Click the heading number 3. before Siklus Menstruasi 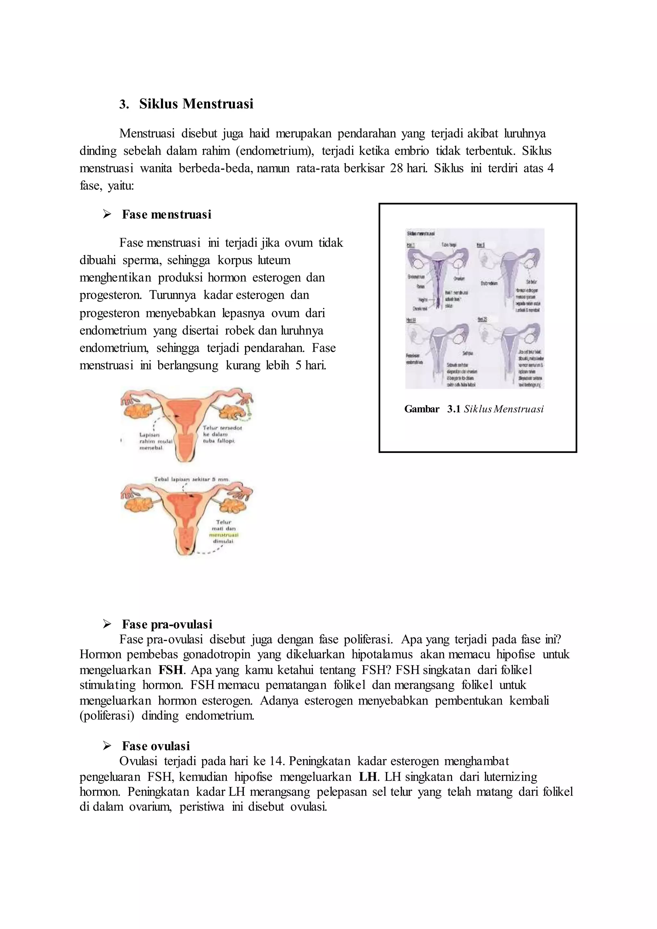click(x=124, y=104)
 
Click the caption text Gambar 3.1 click(x=432, y=409)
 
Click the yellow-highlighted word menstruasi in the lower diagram click(x=224, y=534)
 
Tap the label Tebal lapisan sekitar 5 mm click(x=192, y=479)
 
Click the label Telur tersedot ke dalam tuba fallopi click(x=222, y=434)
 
